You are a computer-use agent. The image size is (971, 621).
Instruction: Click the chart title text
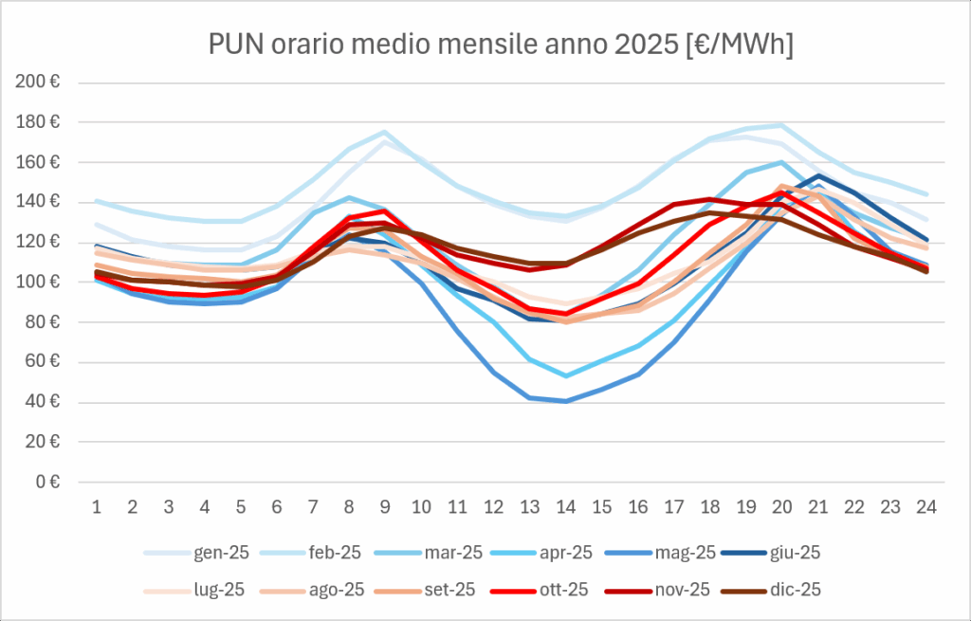[501, 45]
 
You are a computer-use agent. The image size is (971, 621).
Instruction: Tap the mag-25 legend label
[685, 553]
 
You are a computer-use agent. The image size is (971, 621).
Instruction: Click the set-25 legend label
[449, 590]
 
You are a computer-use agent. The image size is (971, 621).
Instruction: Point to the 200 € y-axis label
[38, 82]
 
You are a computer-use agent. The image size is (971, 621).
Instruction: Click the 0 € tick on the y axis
[46, 482]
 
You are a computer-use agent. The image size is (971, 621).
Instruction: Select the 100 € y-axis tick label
[38, 282]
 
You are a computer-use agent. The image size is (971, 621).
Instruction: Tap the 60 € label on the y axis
[42, 361]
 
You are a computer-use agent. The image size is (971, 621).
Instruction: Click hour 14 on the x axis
[566, 507]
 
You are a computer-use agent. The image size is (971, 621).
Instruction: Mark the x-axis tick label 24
[926, 507]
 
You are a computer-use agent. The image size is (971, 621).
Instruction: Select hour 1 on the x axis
[97, 507]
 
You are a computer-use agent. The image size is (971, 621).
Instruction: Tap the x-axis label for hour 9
[385, 507]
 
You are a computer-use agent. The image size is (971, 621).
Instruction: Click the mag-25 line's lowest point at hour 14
[566, 401]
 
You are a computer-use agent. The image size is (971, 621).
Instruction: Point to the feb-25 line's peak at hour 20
[782, 125]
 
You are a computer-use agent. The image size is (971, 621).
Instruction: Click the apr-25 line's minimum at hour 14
[566, 375]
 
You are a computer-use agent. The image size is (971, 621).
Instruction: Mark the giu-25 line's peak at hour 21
[818, 175]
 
